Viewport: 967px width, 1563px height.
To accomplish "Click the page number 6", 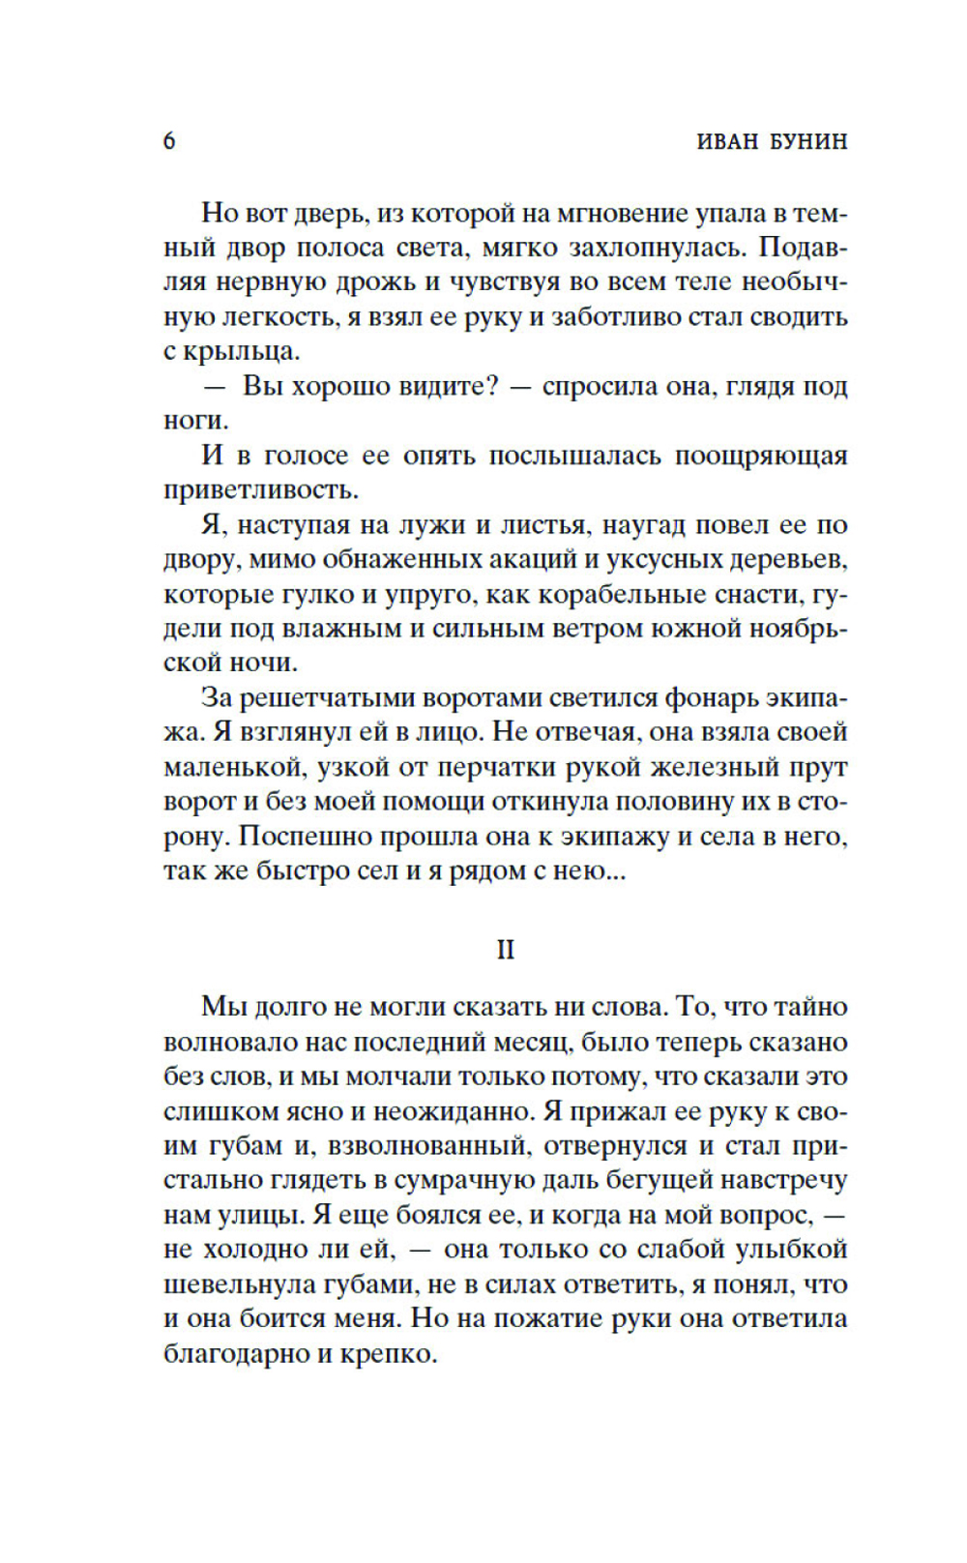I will [169, 141].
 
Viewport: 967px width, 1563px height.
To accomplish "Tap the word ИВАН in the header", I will [728, 141].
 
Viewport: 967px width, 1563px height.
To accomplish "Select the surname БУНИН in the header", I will [808, 141].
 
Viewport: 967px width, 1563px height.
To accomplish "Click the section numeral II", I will [505, 950].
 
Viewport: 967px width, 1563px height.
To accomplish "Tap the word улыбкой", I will [792, 1249].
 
